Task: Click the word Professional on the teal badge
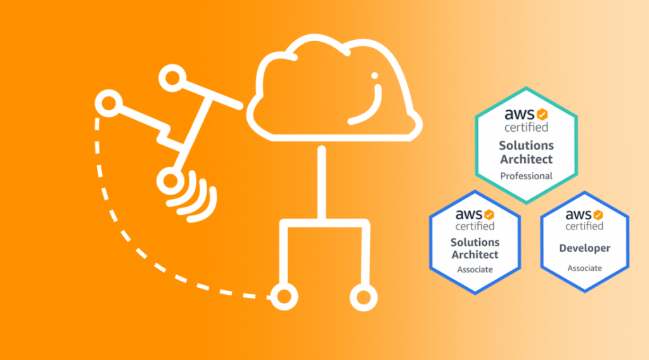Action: point(526,176)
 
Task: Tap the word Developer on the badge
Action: point(584,248)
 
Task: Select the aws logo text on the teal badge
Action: point(519,115)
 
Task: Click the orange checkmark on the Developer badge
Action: point(598,215)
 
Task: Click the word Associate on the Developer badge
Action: point(584,268)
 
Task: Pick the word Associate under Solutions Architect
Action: point(475,269)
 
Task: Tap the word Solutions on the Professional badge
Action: point(526,146)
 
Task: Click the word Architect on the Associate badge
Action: point(475,255)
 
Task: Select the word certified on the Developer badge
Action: point(584,226)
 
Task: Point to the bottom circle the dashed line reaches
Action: point(283,297)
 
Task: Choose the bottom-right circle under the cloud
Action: point(363,297)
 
